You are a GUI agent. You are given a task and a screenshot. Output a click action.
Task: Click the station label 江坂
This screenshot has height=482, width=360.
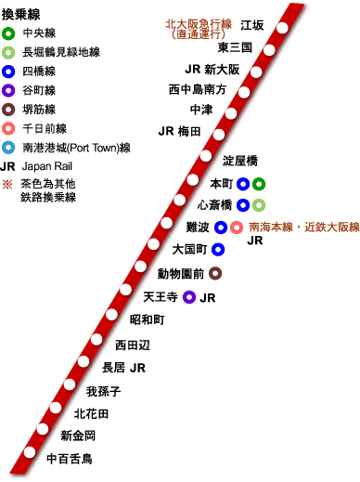click(251, 24)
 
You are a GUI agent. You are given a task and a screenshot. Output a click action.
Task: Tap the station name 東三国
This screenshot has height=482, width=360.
click(235, 46)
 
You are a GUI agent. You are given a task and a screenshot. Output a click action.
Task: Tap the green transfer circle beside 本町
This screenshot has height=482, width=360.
click(259, 183)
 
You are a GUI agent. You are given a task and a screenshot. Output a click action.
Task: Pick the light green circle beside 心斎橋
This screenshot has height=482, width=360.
click(259, 204)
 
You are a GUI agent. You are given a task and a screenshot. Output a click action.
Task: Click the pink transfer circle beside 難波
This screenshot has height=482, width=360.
click(237, 227)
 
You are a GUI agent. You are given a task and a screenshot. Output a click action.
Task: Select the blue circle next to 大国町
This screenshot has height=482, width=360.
click(218, 249)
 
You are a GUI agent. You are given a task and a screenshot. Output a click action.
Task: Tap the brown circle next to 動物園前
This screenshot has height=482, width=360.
click(215, 273)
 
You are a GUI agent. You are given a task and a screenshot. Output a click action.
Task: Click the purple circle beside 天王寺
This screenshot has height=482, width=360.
click(189, 297)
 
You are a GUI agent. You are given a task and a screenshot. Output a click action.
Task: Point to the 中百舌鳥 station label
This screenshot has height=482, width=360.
click(70, 458)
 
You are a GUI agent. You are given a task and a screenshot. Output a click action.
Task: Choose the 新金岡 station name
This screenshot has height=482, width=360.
click(77, 436)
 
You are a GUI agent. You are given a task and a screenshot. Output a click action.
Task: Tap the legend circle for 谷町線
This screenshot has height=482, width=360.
click(8, 90)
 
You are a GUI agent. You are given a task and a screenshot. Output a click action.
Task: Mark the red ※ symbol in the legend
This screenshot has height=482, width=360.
click(8, 183)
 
